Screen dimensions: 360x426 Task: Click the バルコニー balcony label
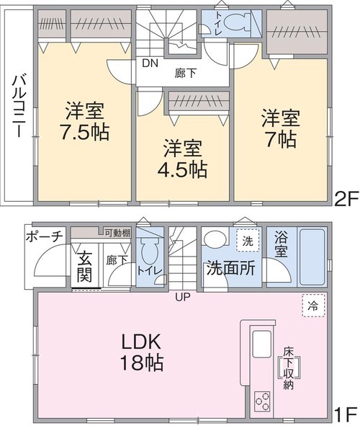click(x=19, y=107)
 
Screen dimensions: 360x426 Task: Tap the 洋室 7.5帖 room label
click(x=85, y=121)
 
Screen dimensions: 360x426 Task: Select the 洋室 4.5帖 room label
click(x=183, y=159)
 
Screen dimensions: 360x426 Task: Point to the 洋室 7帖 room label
click(x=281, y=128)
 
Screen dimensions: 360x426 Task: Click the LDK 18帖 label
click(x=142, y=352)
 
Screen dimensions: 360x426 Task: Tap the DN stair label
click(x=150, y=63)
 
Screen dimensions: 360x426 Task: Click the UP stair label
click(x=182, y=297)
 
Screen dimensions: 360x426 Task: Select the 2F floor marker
click(x=346, y=199)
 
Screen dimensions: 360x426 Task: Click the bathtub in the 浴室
click(x=312, y=257)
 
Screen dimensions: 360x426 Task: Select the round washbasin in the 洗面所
click(x=215, y=240)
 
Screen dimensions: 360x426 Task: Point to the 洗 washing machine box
click(x=248, y=241)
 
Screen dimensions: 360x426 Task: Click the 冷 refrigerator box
click(x=313, y=306)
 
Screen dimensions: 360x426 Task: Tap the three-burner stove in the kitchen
click(x=262, y=401)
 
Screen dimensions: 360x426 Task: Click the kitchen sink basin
click(x=262, y=344)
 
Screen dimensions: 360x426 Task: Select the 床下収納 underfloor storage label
click(x=289, y=368)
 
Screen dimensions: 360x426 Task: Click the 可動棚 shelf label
click(x=117, y=233)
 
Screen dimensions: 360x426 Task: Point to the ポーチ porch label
click(x=44, y=236)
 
